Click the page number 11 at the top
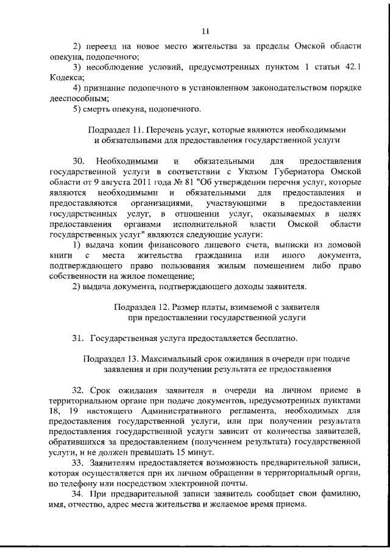(x=205, y=31)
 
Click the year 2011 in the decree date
(x=160, y=183)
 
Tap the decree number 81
(x=206, y=183)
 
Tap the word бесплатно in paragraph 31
(x=269, y=337)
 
